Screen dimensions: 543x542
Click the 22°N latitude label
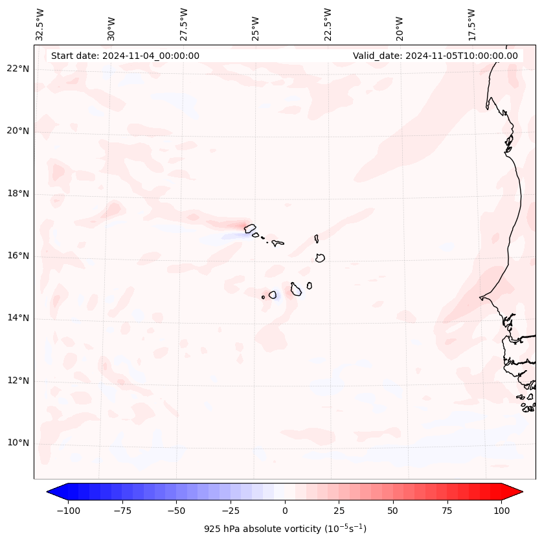coord(18,69)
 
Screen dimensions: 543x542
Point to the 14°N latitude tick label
coord(18,318)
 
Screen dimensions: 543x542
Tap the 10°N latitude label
coord(18,443)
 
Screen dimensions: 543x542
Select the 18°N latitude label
coord(18,194)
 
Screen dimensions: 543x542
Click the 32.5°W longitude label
coord(40,24)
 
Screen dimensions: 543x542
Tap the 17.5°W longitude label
coord(471,24)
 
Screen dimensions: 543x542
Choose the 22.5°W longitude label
coord(328,24)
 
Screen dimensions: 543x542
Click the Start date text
coord(125,56)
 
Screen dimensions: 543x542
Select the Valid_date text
coord(435,56)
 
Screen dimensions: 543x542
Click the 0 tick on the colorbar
coord(285,510)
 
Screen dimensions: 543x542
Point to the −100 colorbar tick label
coord(69,510)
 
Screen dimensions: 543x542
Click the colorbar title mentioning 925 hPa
coord(285,529)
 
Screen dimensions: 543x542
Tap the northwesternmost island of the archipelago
coord(250,228)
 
